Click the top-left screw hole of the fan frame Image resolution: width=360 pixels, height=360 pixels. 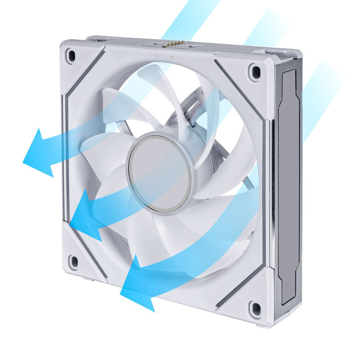click(x=71, y=55)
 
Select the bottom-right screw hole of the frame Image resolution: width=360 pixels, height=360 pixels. click(x=256, y=308)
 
